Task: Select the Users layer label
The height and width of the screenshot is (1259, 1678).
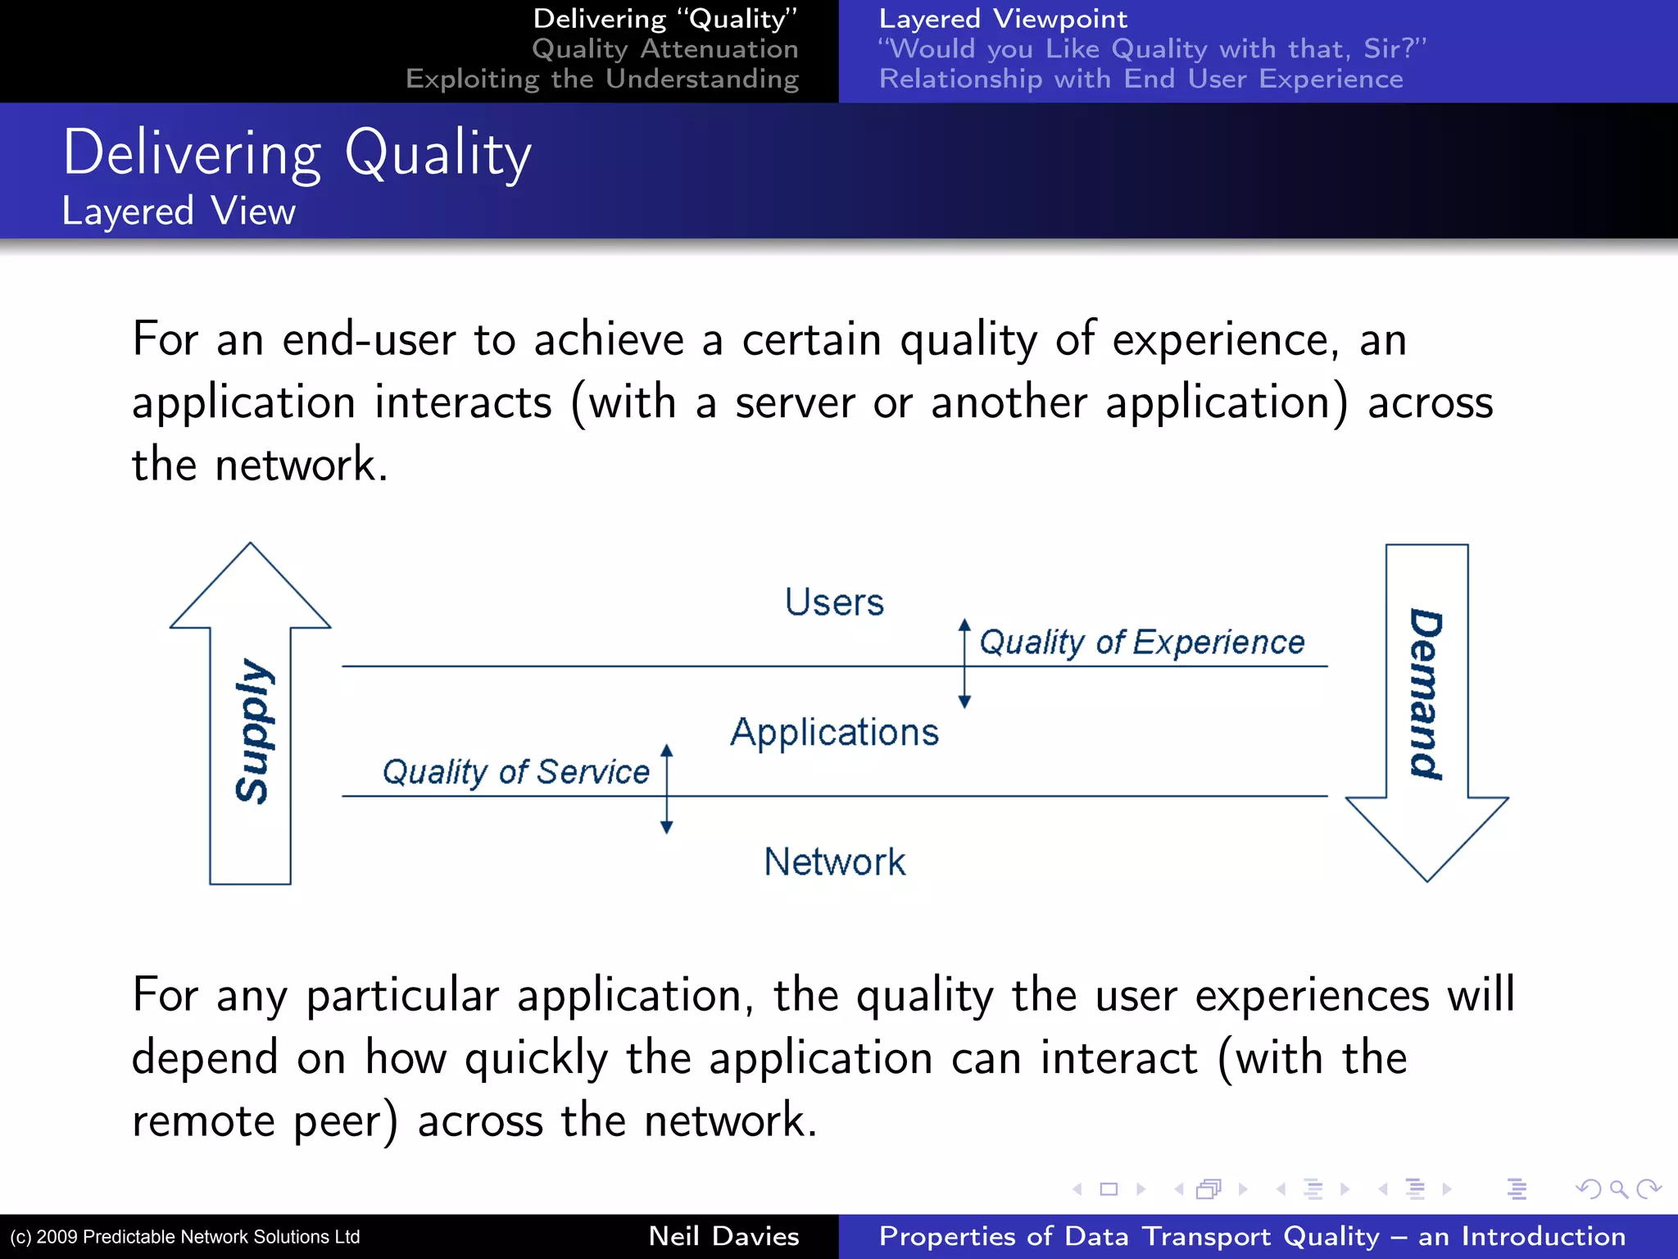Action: [834, 602]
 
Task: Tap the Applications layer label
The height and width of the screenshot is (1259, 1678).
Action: [834, 732]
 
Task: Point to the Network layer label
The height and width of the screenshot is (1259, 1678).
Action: [834, 861]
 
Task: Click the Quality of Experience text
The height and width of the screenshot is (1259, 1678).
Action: [1141, 643]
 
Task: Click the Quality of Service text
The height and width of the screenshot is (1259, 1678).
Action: [515, 772]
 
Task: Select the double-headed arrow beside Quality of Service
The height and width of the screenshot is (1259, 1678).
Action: [667, 789]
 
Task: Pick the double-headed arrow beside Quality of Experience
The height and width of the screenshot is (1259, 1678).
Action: [964, 664]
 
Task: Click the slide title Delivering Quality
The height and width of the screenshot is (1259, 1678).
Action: [297, 154]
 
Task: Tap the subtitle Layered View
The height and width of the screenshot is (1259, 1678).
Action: [179, 211]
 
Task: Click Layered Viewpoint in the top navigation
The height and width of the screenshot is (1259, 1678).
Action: [1003, 19]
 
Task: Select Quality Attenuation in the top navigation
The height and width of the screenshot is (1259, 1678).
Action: [664, 49]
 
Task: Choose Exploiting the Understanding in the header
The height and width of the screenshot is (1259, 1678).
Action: [601, 80]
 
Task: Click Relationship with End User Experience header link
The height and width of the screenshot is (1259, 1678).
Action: [1141, 80]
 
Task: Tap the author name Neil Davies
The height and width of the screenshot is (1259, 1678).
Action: [723, 1236]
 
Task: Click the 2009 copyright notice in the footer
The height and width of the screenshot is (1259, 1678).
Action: [185, 1237]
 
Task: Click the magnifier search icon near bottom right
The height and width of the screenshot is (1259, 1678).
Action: [1618, 1189]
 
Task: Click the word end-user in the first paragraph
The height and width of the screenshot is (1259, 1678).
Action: [368, 340]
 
